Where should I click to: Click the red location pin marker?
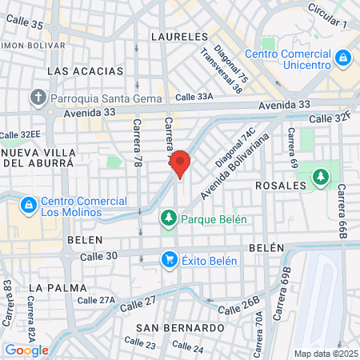click(x=181, y=163)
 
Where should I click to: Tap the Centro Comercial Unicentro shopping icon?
click(x=343, y=58)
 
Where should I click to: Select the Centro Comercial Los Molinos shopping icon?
click(x=29, y=206)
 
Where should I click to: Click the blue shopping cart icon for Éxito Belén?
click(x=169, y=259)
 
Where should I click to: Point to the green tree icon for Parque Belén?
click(x=169, y=218)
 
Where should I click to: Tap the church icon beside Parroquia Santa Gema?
click(x=38, y=98)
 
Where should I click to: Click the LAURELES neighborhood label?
click(x=178, y=36)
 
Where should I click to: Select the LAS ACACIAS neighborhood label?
click(x=86, y=71)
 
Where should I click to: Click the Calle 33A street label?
click(x=195, y=97)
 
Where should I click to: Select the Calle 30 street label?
click(x=99, y=256)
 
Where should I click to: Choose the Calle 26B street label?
click(x=240, y=308)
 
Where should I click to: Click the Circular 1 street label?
click(x=328, y=21)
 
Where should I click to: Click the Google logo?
click(x=26, y=350)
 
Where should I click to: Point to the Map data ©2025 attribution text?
click(x=326, y=354)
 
